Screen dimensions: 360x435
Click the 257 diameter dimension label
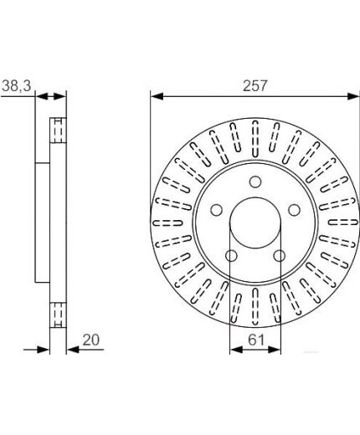point(255,85)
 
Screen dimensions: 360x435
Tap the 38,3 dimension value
point(17,85)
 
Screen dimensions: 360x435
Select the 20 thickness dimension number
point(91,340)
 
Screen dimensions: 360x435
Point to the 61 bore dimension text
point(256,340)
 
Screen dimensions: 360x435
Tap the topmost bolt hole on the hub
point(255,182)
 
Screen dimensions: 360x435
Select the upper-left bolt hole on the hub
point(216,210)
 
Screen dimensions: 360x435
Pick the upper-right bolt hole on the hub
point(294,210)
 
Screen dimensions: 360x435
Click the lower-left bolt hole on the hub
point(231,256)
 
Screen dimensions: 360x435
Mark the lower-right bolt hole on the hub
point(280,256)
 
